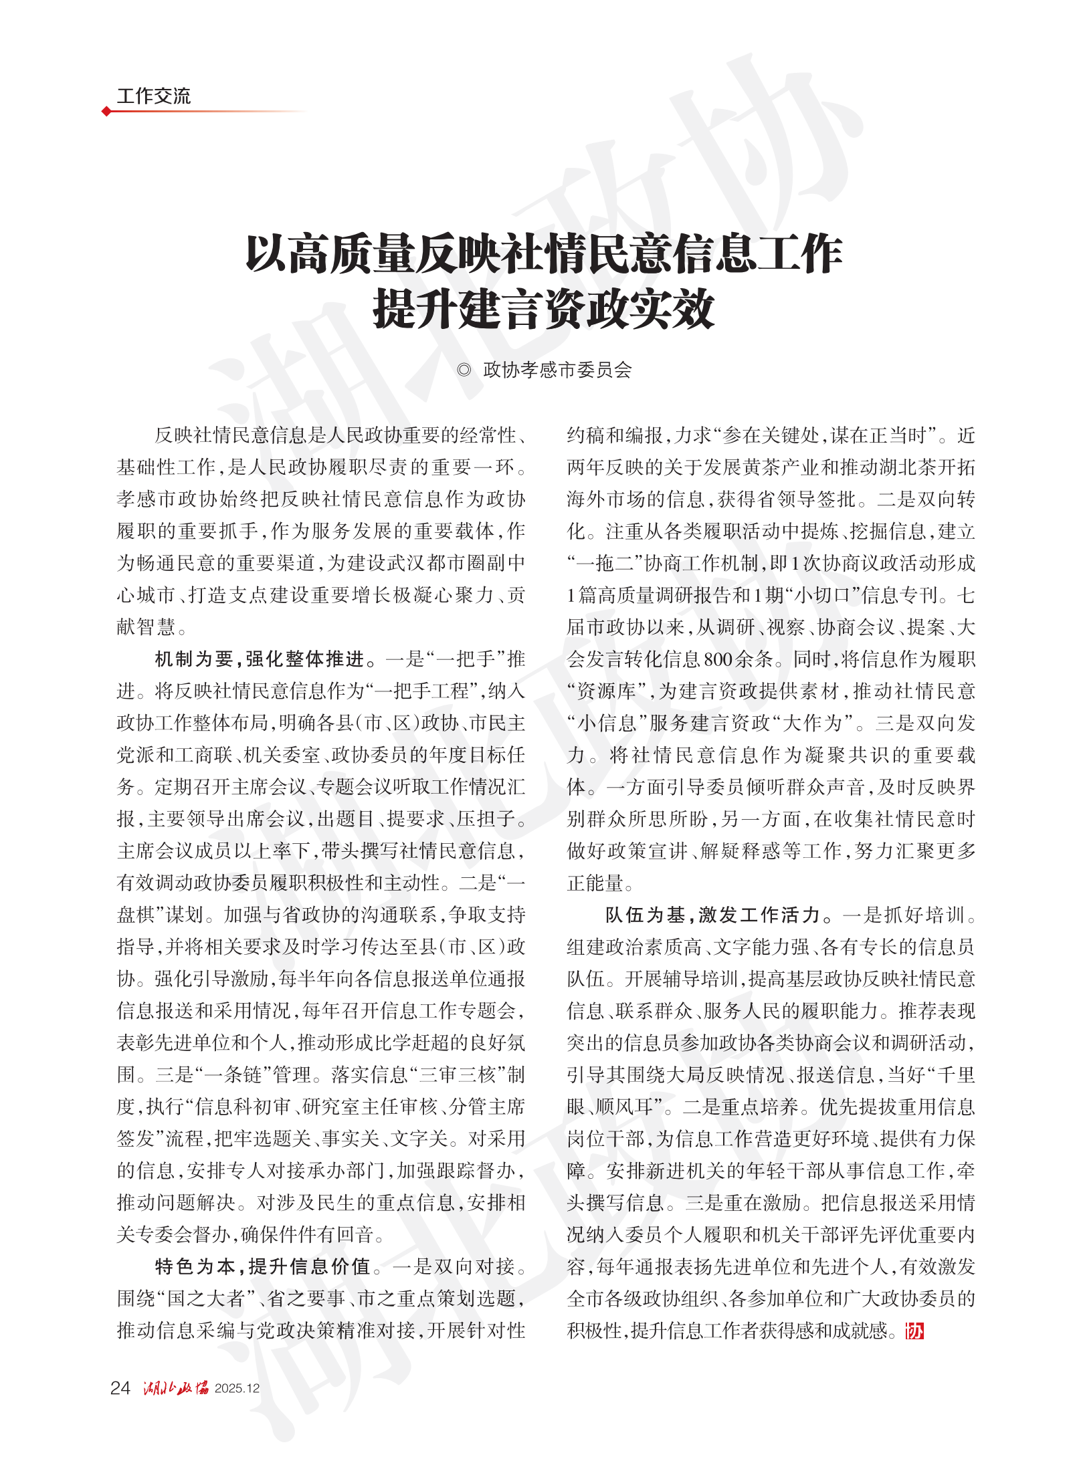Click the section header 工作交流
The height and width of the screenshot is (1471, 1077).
pos(153,96)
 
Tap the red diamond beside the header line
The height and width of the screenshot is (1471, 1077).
pos(106,111)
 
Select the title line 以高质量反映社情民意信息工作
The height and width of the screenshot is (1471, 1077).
pos(543,254)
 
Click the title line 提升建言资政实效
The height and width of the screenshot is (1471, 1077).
pos(543,309)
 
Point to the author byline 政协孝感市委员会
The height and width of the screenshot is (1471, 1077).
pos(557,370)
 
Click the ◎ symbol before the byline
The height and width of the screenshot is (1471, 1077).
pos(464,370)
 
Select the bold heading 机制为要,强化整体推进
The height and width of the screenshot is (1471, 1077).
pos(260,659)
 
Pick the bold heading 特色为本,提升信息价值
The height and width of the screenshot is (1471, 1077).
pos(263,1266)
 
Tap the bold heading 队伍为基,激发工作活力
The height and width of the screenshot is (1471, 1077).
pos(712,915)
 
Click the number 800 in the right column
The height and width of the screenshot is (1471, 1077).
pos(718,659)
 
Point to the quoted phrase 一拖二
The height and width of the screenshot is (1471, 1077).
pos(606,564)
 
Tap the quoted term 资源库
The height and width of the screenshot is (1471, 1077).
pos(606,691)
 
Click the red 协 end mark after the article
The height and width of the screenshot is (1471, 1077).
pos(914,1331)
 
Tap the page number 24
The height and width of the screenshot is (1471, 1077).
pos(120,1388)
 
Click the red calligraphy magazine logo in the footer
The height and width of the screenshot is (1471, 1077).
pos(176,1388)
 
